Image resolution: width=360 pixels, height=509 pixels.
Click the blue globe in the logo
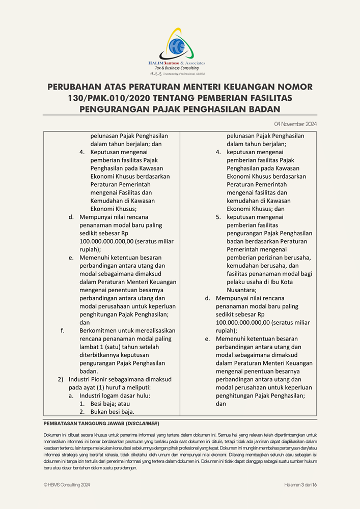pyautogui.click(x=179, y=46)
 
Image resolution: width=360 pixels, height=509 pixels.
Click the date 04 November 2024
pyautogui.click(x=295, y=124)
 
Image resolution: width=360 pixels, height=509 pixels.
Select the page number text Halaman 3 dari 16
pyautogui.click(x=300, y=485)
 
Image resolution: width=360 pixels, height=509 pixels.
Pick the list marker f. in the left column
pyautogui.click(x=63, y=330)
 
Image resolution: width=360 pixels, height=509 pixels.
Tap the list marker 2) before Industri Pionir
pyautogui.click(x=60, y=379)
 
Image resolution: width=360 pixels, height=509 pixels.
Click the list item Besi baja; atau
pyautogui.click(x=108, y=403)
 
